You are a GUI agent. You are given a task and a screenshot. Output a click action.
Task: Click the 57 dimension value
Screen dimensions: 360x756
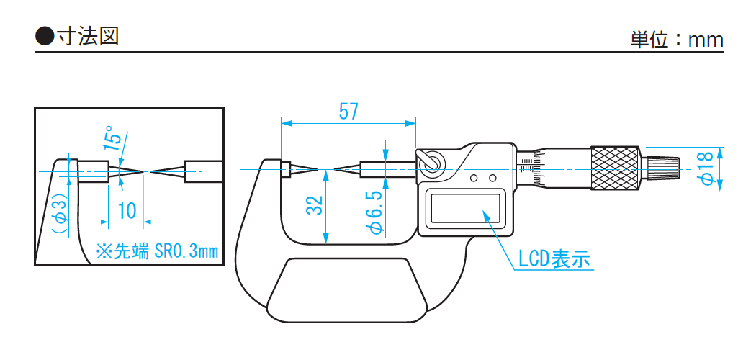pos(348,112)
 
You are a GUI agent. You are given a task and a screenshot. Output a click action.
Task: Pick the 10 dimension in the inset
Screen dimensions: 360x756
pos(127,211)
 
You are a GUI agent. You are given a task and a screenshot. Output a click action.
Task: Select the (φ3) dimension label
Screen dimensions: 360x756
pos(60,213)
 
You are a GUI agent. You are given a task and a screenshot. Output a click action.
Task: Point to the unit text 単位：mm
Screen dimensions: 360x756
pos(677,40)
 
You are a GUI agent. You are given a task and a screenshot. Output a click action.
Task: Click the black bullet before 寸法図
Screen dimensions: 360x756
pos(45,36)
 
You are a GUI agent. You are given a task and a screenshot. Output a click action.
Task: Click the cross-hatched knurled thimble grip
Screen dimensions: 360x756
pos(616,168)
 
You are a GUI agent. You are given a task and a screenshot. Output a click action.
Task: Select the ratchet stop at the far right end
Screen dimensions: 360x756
pos(662,168)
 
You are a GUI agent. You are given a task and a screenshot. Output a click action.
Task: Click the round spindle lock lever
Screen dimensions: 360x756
pos(431,163)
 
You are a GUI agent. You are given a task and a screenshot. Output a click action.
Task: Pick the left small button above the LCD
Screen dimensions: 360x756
pos(474,178)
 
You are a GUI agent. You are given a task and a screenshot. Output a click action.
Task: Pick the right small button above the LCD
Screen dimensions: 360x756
pos(492,178)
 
